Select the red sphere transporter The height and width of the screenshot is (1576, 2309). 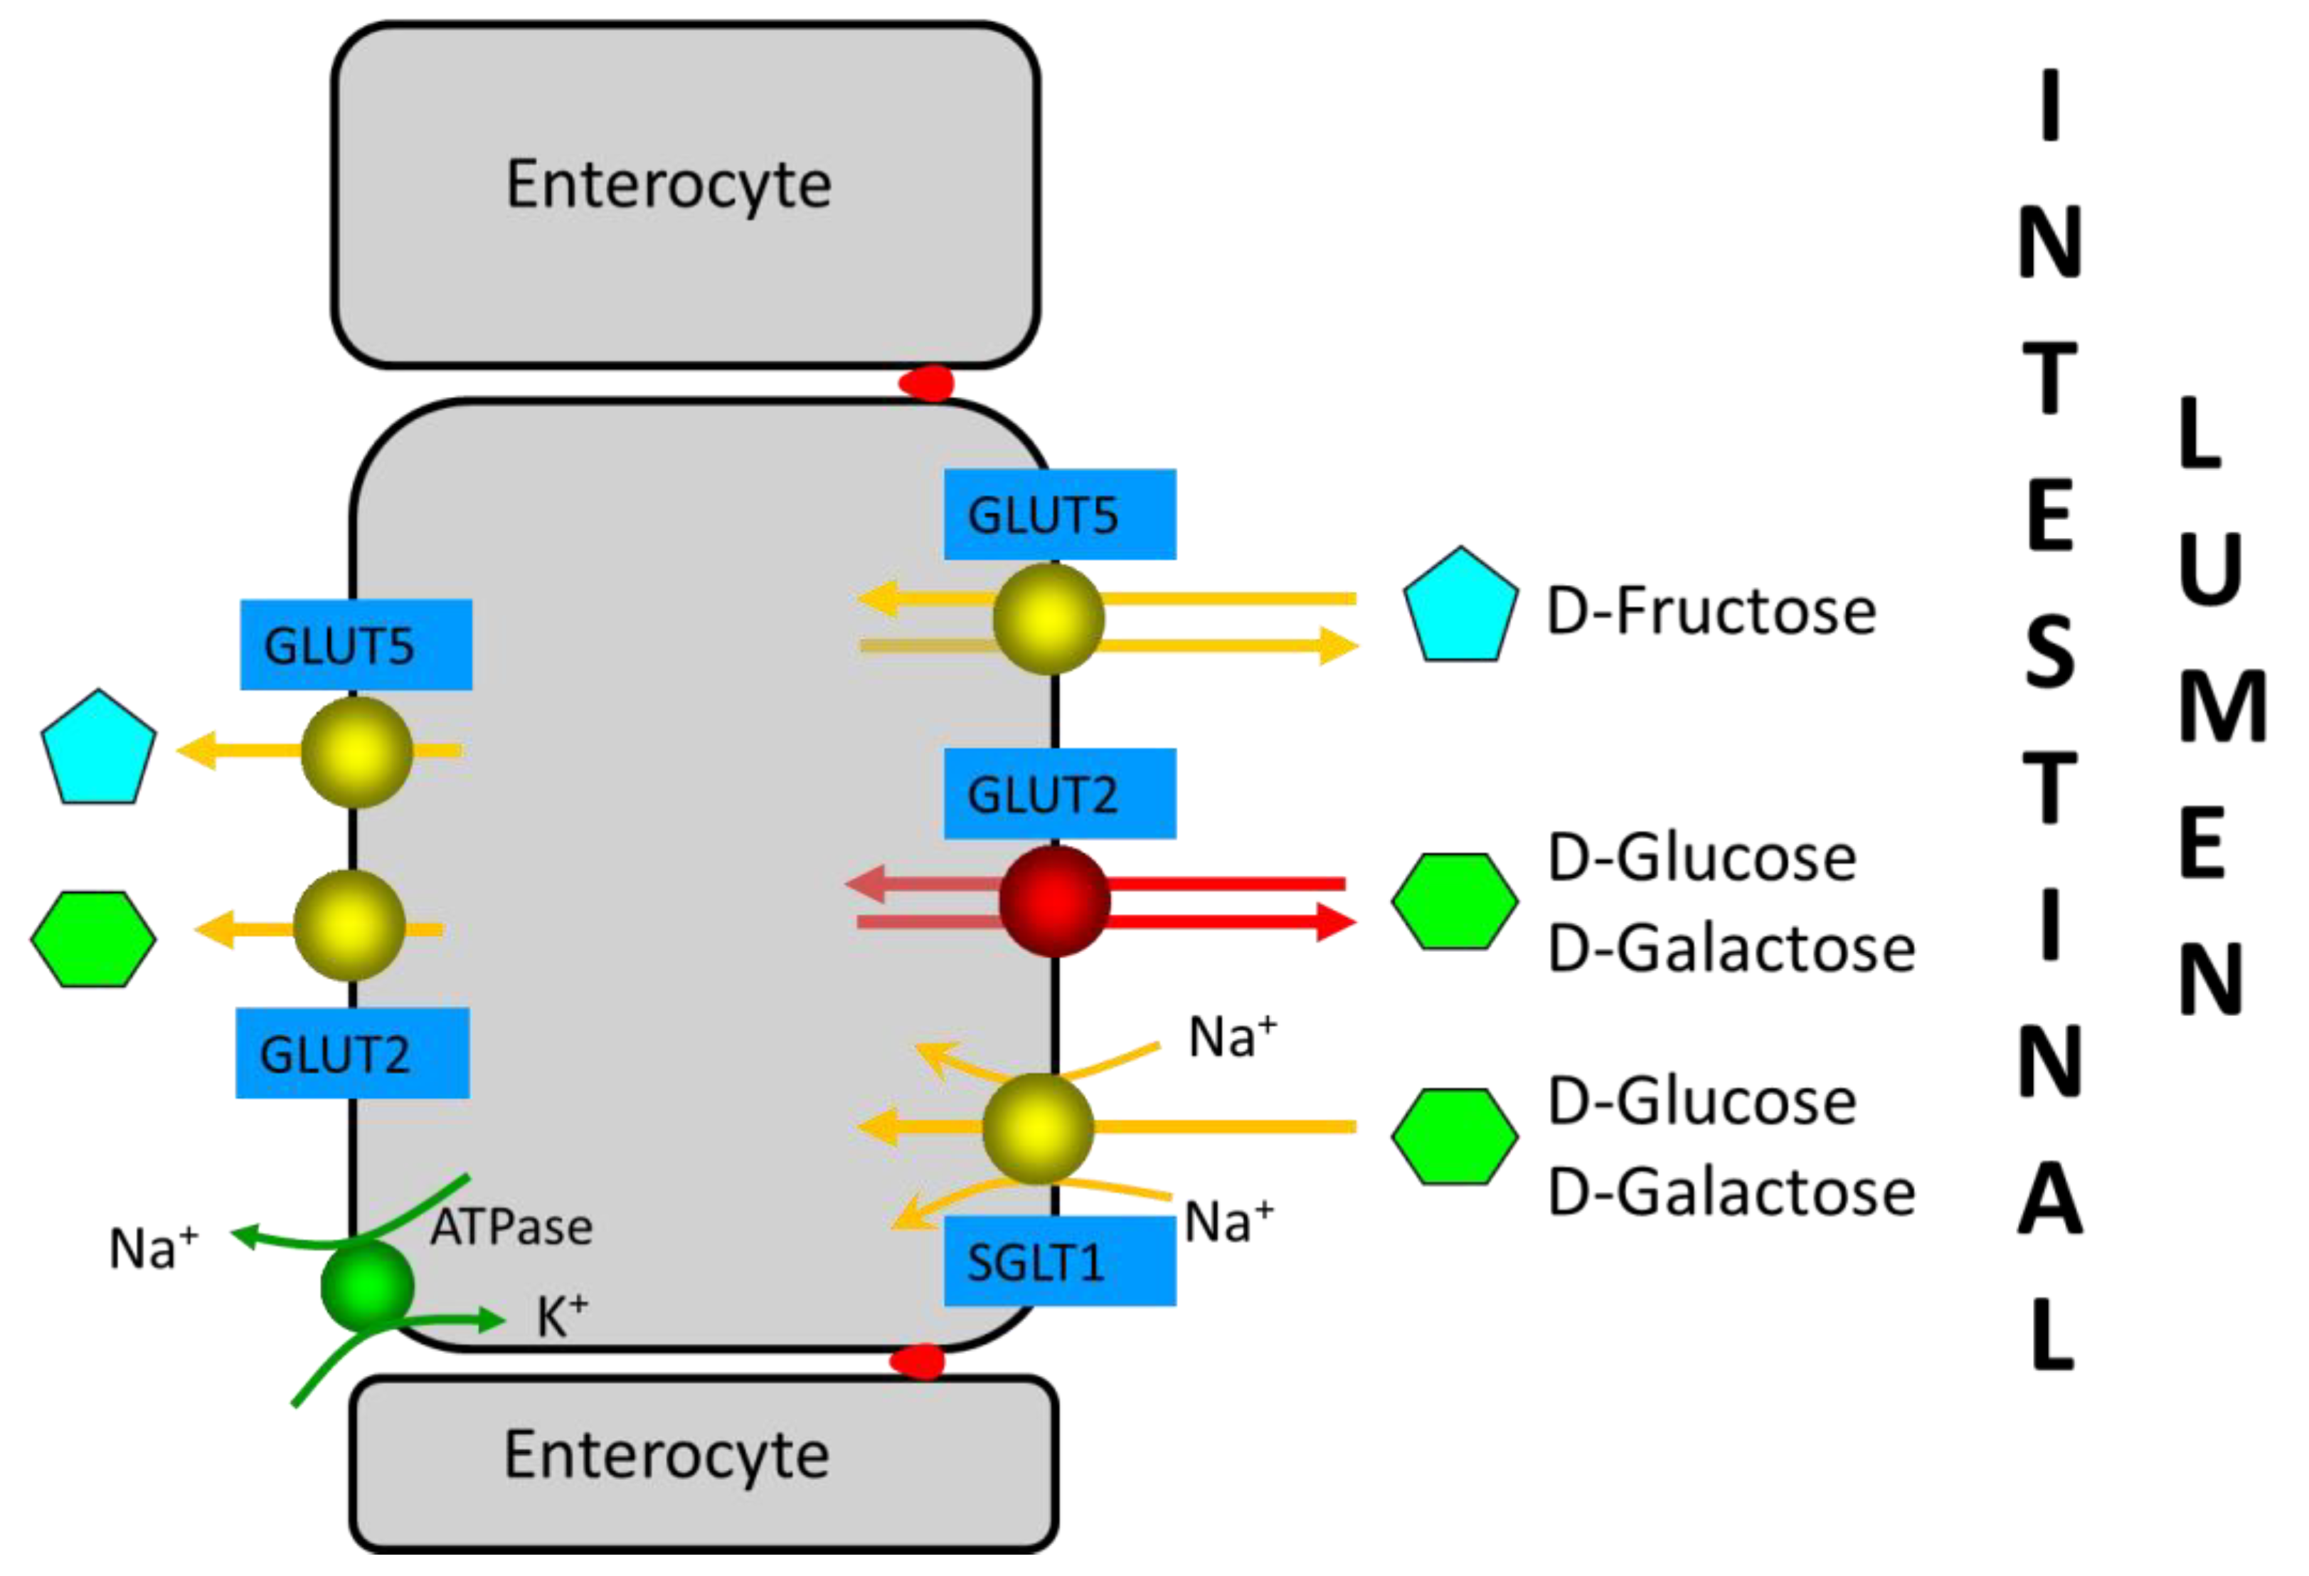coord(1053,901)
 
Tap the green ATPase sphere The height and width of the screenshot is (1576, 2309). coord(366,1286)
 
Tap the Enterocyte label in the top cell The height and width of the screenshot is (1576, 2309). coord(669,185)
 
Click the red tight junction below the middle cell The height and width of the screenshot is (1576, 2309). coord(917,1360)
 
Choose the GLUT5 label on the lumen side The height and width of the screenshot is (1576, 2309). coord(1059,514)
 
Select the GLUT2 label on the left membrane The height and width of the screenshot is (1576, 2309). coord(351,1053)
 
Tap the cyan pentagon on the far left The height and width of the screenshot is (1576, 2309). coord(97,749)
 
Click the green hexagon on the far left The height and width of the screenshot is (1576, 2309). coord(93,939)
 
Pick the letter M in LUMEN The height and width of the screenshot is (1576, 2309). coord(2222,707)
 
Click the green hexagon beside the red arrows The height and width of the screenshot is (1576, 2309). coord(1455,901)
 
